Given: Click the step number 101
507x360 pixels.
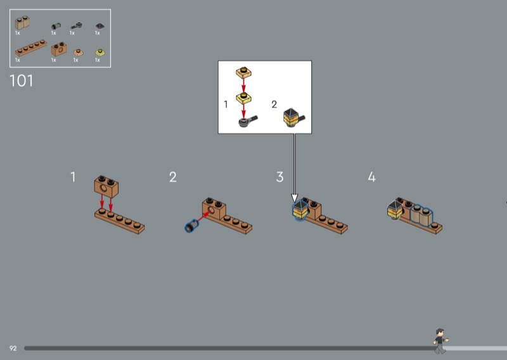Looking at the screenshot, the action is pyautogui.click(x=22, y=80).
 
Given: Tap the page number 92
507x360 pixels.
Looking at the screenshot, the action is pyautogui.click(x=13, y=348).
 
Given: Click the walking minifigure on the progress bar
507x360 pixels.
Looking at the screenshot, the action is pyautogui.click(x=440, y=341).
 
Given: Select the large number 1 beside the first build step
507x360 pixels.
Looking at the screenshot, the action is pyautogui.click(x=73, y=177).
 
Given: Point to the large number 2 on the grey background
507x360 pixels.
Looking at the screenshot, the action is pyautogui.click(x=173, y=177).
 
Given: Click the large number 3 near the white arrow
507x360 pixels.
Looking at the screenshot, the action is pyautogui.click(x=280, y=177).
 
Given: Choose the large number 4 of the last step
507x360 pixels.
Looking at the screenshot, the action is pyautogui.click(x=372, y=177).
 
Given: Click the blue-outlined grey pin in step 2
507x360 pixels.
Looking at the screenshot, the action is pyautogui.click(x=191, y=226).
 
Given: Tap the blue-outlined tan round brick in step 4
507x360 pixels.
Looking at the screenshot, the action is pyautogui.click(x=421, y=215).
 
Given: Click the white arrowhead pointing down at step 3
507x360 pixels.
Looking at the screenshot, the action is pyautogui.click(x=294, y=198).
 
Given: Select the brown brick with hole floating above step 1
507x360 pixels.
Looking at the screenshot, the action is pyautogui.click(x=106, y=186).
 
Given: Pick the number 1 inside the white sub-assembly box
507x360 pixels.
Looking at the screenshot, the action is pyautogui.click(x=226, y=105).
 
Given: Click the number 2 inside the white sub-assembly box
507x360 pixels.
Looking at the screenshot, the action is pyautogui.click(x=274, y=105).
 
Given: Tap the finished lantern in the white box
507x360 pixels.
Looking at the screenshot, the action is pyautogui.click(x=294, y=118).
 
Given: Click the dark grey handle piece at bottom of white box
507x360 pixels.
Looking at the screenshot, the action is pyautogui.click(x=248, y=121).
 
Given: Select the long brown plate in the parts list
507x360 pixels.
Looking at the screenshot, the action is pyautogui.click(x=31, y=48).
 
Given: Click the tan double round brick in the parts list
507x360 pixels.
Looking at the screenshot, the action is pyautogui.click(x=22, y=23).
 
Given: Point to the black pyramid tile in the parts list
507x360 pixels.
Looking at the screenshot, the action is pyautogui.click(x=100, y=27).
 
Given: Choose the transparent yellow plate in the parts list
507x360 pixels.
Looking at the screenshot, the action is pyautogui.click(x=100, y=53).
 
